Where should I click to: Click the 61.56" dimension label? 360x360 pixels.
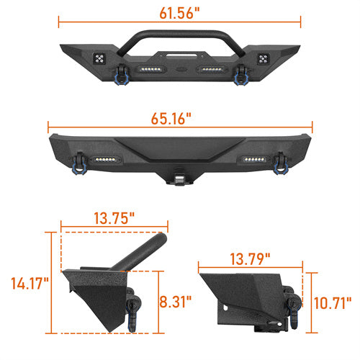tap(179, 13)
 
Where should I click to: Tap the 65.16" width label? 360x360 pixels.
tap(171, 118)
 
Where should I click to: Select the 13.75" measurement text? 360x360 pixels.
tap(114, 218)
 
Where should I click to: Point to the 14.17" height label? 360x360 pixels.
tap(30, 283)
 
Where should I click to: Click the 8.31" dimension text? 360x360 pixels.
tap(176, 302)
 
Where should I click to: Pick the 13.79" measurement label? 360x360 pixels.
tap(250, 259)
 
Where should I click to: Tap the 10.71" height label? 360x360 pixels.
tap(333, 303)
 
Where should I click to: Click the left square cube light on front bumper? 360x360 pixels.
tap(99, 58)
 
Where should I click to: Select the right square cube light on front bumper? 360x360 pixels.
tap(263, 59)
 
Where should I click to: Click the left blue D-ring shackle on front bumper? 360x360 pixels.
tap(121, 75)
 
